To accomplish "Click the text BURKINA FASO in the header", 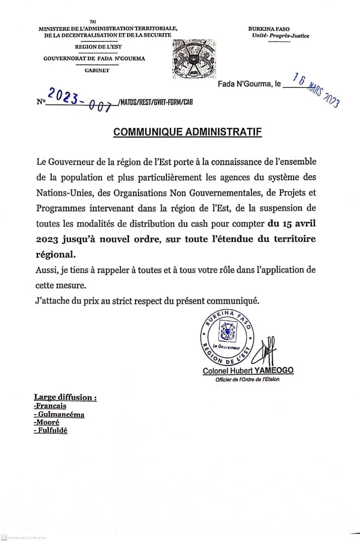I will click(x=269, y=29).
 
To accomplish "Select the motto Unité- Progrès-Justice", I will click(x=281, y=36).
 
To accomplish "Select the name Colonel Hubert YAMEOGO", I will click(x=248, y=370).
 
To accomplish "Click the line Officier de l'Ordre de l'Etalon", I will click(x=248, y=379).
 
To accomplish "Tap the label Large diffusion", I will click(x=65, y=397).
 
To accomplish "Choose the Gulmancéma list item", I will click(x=59, y=414).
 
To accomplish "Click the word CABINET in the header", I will click(x=97, y=70).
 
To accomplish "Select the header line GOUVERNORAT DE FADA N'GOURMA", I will click(x=94, y=58).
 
